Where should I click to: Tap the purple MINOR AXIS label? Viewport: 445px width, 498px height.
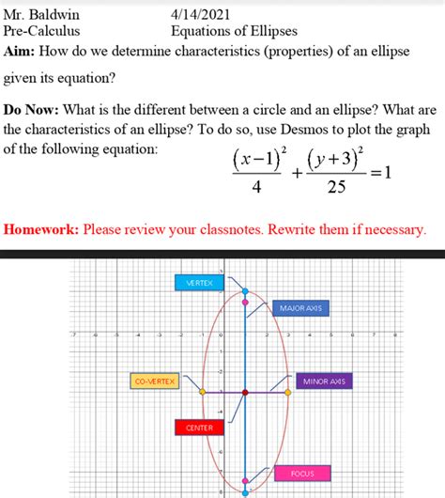point(324,381)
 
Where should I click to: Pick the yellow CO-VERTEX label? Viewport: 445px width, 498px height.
point(156,381)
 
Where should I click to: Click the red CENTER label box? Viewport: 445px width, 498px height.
point(199,428)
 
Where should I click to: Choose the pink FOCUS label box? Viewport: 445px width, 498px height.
point(302,473)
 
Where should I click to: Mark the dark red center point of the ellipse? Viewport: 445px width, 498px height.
point(245,391)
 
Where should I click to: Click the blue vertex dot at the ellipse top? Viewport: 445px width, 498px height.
point(246,292)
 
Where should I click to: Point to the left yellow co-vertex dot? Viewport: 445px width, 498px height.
point(202,392)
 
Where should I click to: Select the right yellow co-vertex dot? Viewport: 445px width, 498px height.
point(288,392)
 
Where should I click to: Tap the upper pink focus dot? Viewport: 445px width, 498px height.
point(246,301)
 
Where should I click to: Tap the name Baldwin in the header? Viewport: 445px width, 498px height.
point(53,15)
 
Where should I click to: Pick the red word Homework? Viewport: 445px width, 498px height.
point(41,229)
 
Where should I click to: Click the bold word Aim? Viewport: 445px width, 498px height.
point(21,50)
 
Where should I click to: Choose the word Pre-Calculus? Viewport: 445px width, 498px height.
point(41,32)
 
